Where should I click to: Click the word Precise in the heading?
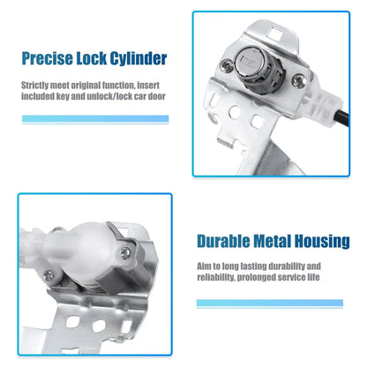click(x=48, y=58)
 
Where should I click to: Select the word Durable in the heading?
click(x=223, y=241)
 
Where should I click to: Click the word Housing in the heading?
click(x=322, y=242)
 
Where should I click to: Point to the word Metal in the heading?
click(x=273, y=241)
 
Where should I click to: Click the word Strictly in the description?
click(x=35, y=86)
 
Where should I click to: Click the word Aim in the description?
click(x=204, y=266)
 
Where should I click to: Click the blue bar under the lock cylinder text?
click(x=95, y=119)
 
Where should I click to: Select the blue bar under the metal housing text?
click(x=270, y=303)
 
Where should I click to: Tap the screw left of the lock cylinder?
click(x=227, y=64)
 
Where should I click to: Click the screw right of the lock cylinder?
click(x=297, y=79)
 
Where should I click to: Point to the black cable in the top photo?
click(x=341, y=119)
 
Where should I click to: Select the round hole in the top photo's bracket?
click(x=235, y=112)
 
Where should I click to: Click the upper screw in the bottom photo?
click(x=125, y=252)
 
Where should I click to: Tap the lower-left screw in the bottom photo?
click(x=49, y=275)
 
